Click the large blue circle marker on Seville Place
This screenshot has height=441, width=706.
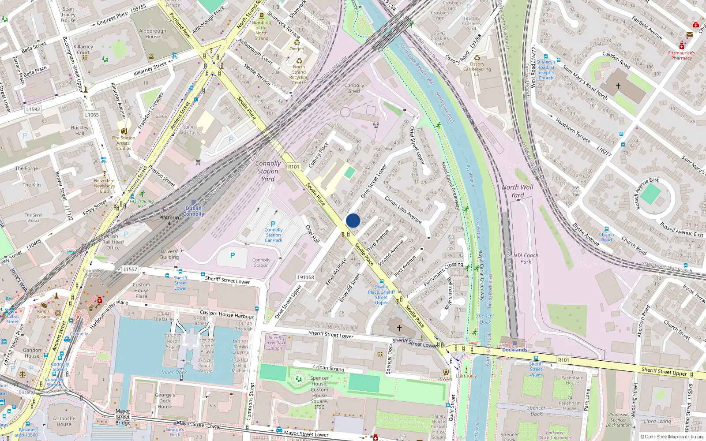tap(353, 220)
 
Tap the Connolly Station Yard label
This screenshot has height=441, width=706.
tap(268, 171)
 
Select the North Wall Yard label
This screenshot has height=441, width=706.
tap(518, 191)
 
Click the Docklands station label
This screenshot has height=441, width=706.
tap(514, 350)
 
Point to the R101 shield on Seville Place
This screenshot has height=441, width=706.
tap(293, 167)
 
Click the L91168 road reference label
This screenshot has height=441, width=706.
tap(306, 277)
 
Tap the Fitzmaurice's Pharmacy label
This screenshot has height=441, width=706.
tap(681, 56)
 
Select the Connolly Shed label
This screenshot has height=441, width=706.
tap(354, 88)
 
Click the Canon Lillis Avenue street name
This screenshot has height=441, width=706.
tap(403, 209)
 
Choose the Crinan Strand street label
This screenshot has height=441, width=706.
tap(329, 368)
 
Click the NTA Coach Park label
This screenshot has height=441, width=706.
tap(526, 258)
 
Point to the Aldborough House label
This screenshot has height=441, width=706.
tap(153, 34)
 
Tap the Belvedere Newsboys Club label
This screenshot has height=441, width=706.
tap(104, 186)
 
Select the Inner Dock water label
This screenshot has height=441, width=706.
tap(174, 372)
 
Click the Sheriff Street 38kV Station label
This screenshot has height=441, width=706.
tap(275, 343)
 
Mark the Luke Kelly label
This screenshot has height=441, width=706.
tap(467, 376)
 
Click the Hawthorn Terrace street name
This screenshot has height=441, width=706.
tap(573, 131)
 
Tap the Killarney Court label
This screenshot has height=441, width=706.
tap(83, 49)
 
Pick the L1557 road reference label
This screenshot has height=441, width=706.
tap(130, 269)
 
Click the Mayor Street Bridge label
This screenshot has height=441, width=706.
tap(123, 417)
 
